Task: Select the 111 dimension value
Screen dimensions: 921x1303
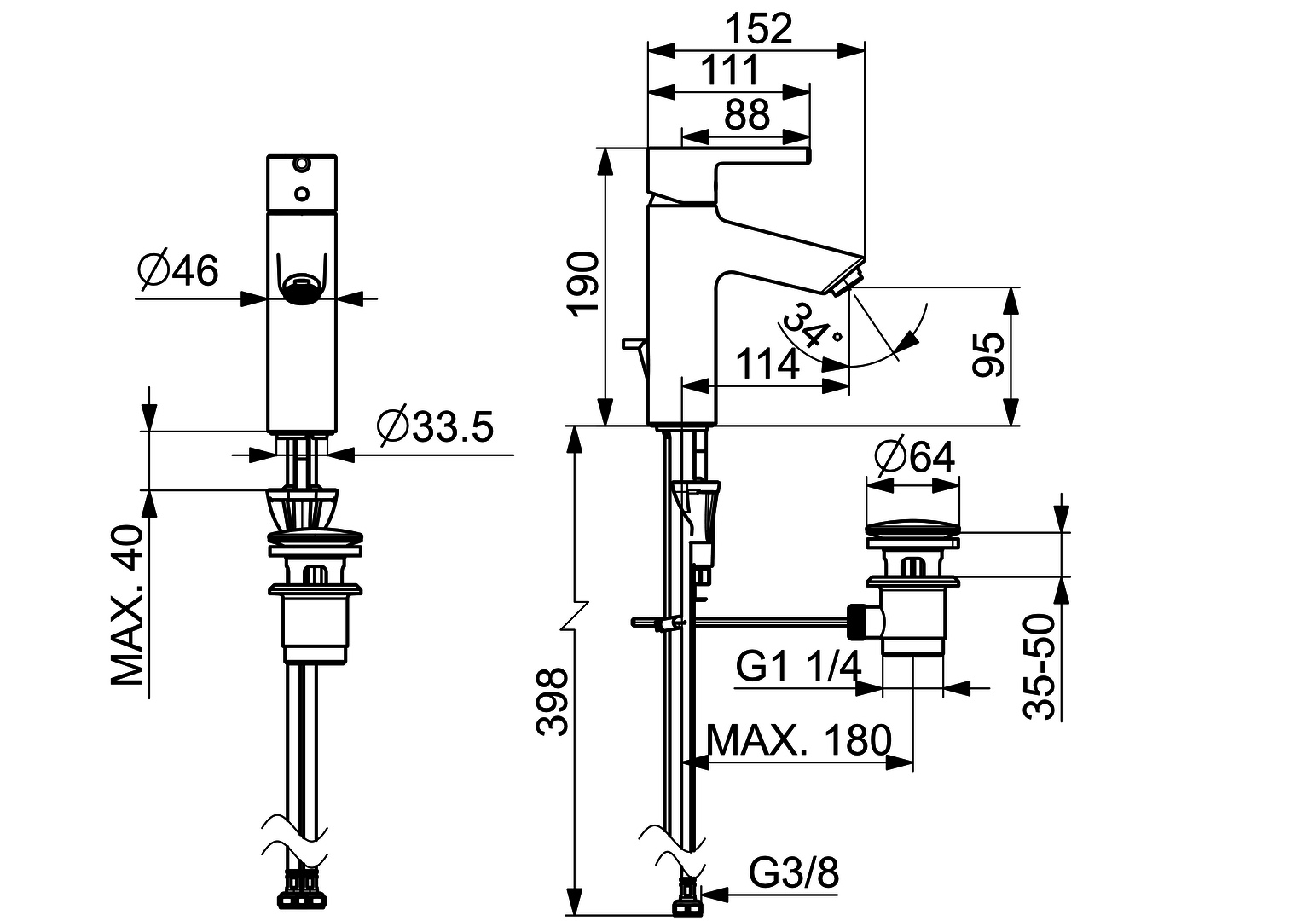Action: tap(729, 71)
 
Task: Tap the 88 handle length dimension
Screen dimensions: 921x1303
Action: tap(746, 114)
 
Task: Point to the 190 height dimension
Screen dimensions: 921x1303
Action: tap(584, 283)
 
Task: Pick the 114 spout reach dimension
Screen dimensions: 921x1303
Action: tap(767, 364)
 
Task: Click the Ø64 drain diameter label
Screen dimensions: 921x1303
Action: tap(914, 458)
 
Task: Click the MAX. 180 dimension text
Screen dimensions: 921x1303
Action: tap(799, 740)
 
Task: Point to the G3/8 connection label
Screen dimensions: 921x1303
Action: tap(794, 873)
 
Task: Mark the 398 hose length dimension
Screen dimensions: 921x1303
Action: tap(552, 701)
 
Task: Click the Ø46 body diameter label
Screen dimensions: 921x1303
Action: tap(178, 270)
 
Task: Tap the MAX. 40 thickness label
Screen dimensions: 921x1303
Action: tap(128, 605)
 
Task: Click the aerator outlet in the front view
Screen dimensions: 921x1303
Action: tap(302, 289)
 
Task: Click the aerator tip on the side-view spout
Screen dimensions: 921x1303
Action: tap(843, 281)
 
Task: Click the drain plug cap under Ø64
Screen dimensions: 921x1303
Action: tap(913, 523)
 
